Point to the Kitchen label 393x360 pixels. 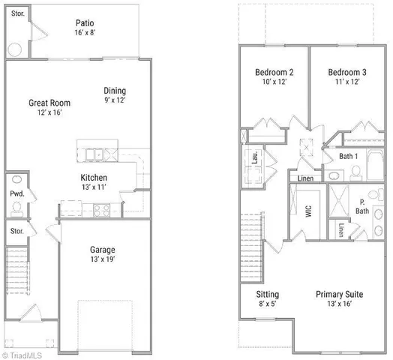94,183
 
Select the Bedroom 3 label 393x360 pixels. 344,76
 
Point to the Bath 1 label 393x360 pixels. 348,156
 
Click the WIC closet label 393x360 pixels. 307,212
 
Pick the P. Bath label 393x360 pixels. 363,207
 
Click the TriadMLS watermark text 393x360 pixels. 24,353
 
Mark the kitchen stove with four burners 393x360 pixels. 100,210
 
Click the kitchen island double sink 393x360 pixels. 94,154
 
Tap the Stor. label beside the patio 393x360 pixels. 15,13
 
